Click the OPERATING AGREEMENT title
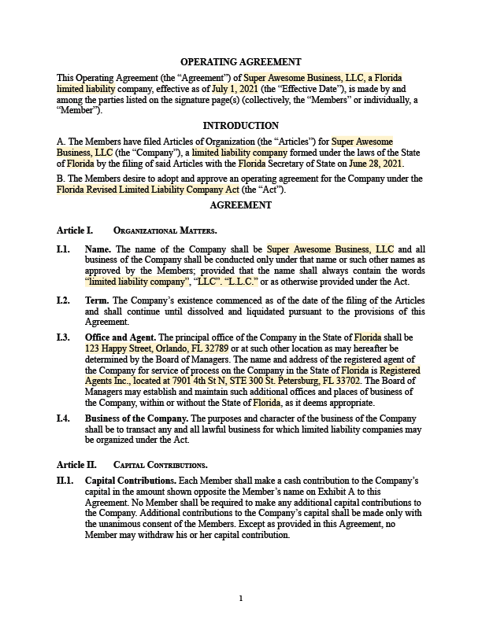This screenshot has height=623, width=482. click(241, 62)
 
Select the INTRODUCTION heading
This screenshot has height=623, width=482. click(241, 126)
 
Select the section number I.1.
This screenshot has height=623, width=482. click(64, 249)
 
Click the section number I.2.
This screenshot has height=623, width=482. click(64, 300)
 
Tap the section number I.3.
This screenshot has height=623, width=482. click(64, 337)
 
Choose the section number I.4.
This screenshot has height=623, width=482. click(64, 418)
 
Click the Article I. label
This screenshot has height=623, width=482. click(75, 230)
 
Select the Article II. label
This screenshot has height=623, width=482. click(76, 463)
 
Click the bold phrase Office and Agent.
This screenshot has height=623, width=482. click(120, 337)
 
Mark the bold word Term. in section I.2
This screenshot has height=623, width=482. click(98, 300)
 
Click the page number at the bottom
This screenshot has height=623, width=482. click(241, 599)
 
